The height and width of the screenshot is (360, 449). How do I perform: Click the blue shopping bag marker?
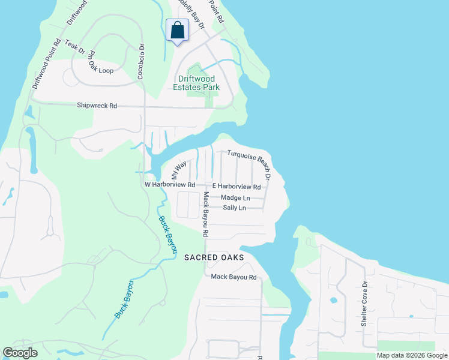177,30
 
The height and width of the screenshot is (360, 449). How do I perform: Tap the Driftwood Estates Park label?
199,83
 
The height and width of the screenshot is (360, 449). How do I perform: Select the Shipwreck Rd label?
97,106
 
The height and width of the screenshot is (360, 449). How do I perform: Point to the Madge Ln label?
235,197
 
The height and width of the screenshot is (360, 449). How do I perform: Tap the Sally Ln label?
234,208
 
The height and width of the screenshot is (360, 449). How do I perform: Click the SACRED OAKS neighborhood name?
214,257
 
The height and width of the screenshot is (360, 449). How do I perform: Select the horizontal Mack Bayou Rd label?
234,277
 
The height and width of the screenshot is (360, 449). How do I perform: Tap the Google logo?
20,353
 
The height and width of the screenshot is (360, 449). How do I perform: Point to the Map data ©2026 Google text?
411,355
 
